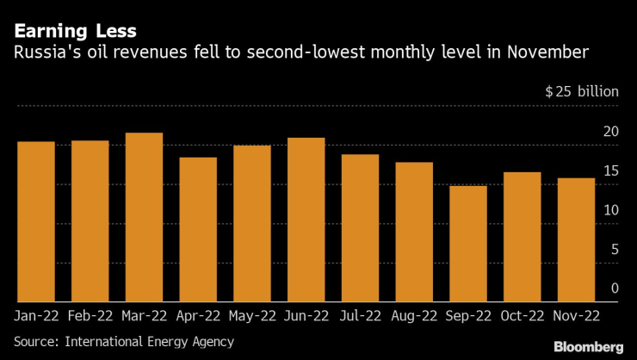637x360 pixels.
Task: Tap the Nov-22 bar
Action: tap(576, 239)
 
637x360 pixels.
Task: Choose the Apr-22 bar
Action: tap(198, 229)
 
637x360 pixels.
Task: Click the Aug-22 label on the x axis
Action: tap(414, 316)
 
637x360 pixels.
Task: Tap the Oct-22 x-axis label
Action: tap(523, 316)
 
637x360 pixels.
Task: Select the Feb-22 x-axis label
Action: tap(90, 316)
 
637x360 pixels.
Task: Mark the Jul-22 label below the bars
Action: tap(360, 316)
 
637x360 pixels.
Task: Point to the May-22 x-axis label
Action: tap(252, 316)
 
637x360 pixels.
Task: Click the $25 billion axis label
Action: tap(582, 91)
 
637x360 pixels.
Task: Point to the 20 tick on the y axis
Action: tap(610, 132)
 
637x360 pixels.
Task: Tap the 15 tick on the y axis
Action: tap(610, 171)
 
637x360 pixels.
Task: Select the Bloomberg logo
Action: tap(588, 346)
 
